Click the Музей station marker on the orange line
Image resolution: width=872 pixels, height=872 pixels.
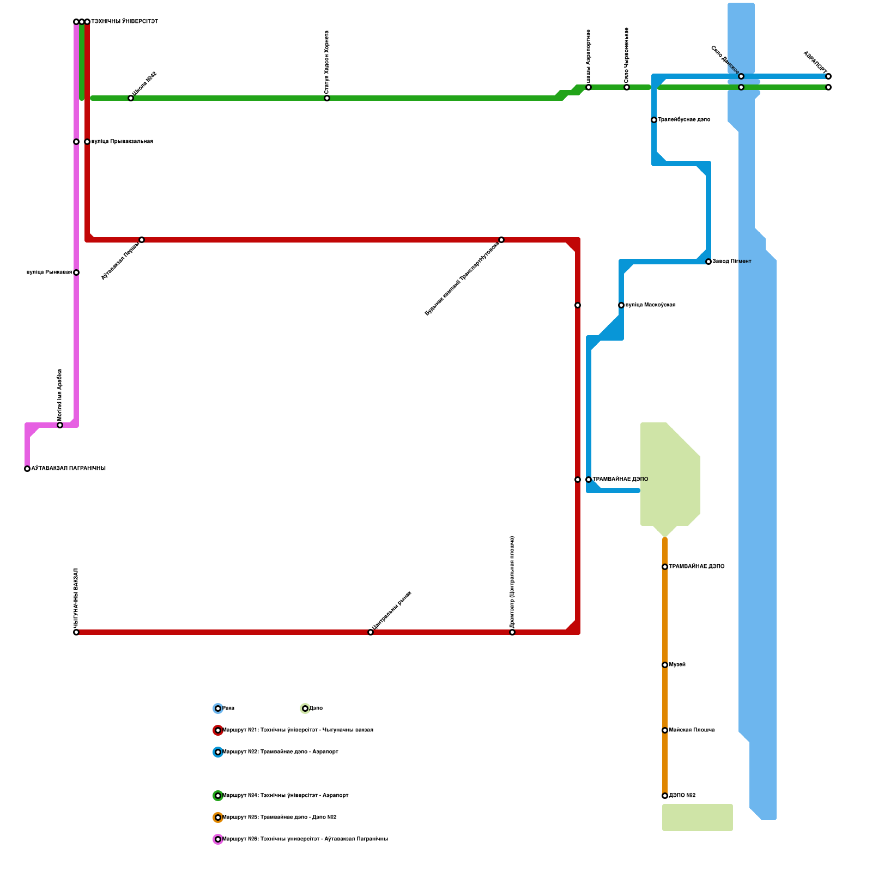pos(665,665)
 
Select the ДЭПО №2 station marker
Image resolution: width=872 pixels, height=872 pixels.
pos(665,796)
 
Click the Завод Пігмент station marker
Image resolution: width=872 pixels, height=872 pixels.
pos(708,262)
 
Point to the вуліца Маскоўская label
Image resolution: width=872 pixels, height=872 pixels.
pos(650,305)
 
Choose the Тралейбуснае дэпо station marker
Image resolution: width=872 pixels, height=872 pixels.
pos(654,120)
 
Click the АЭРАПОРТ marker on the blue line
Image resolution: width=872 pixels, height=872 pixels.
pos(828,76)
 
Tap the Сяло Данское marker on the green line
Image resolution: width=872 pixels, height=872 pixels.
pos(741,87)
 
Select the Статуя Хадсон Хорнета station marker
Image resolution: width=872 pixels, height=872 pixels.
pos(327,98)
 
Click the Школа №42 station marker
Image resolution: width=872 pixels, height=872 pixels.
pos(131,98)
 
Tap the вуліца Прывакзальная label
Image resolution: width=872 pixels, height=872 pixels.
pos(122,142)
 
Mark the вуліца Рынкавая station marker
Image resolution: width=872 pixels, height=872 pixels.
pos(76,272)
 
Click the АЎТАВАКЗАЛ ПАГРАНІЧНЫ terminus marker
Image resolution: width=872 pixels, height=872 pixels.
pos(27,469)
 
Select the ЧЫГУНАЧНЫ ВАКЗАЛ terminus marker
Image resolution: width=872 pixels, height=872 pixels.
pos(76,632)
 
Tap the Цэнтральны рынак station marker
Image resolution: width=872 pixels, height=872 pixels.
pos(371,632)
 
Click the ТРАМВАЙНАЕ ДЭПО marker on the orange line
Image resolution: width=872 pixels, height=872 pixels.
pos(665,567)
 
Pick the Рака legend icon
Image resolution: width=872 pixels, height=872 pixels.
pos(218,708)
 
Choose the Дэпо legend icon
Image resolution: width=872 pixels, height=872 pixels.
pos(305,708)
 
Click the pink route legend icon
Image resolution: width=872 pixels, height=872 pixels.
pos(218,839)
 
